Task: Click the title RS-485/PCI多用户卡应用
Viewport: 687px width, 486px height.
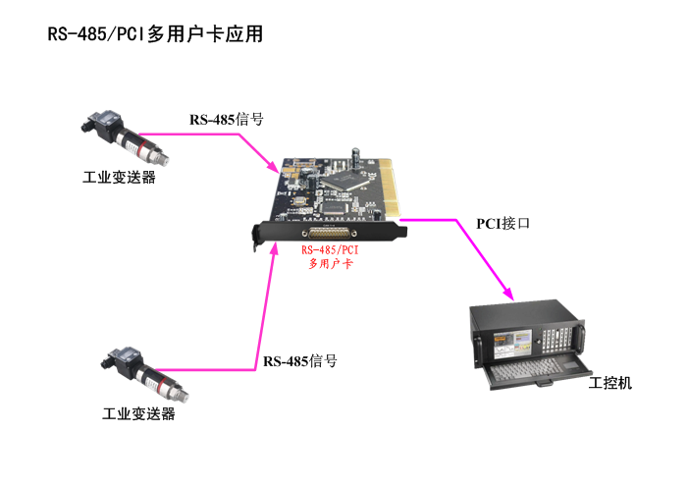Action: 156,34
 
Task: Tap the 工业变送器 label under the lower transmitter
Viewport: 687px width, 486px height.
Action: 138,413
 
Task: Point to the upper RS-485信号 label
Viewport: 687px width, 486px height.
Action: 227,120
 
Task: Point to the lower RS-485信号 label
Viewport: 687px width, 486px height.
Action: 300,361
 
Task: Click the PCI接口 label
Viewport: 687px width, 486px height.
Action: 503,223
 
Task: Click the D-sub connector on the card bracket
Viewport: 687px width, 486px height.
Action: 330,233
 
